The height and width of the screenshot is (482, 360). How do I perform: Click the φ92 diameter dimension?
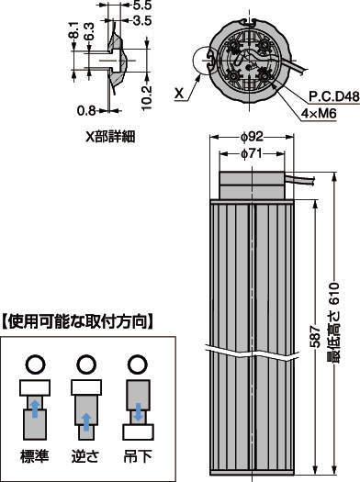point(253,137)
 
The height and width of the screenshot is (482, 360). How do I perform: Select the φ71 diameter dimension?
point(252,153)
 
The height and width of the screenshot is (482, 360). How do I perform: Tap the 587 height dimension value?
point(315,336)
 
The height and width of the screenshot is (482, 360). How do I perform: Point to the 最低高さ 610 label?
point(333,323)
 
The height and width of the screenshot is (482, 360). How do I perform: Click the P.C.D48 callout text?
point(334,97)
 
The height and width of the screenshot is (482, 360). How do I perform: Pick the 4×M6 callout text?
point(319,114)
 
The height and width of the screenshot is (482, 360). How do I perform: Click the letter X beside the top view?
point(179,93)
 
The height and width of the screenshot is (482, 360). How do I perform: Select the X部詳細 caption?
point(110,137)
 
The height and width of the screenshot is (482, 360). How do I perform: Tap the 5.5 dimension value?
point(142,5)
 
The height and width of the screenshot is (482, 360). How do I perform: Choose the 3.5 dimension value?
point(142,20)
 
